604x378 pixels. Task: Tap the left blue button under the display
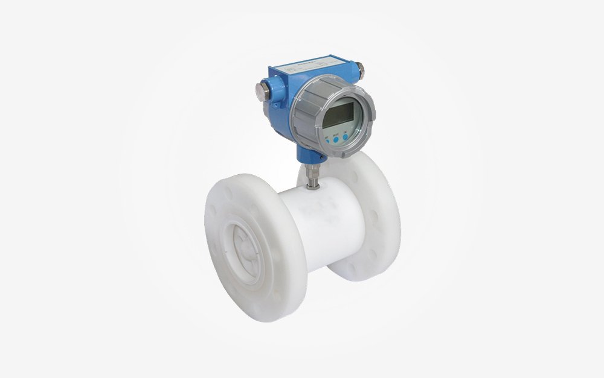327,140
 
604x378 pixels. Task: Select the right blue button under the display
345,137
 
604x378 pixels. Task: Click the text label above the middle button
336,134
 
